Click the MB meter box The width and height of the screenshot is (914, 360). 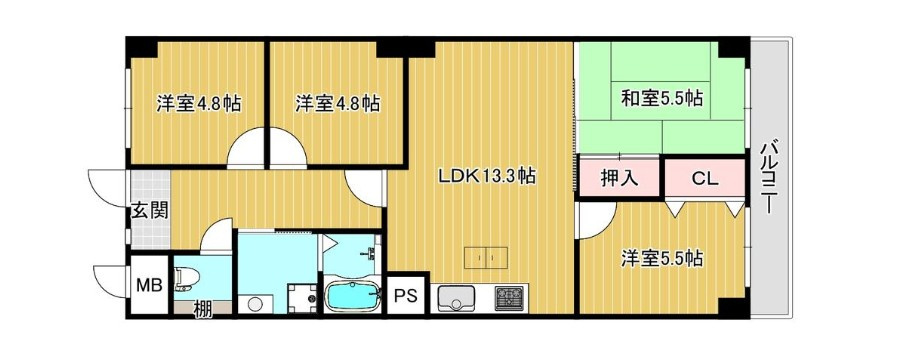tap(148, 285)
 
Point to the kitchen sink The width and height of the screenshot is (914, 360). tap(456, 298)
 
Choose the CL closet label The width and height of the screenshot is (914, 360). tap(704, 180)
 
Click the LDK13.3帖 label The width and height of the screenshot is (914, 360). tap(487, 176)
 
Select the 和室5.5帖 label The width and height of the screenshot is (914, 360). tap(661, 98)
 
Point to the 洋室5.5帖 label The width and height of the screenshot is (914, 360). tap(661, 258)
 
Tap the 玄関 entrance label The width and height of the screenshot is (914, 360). tap(148, 211)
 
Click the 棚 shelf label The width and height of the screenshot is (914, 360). tap(202, 308)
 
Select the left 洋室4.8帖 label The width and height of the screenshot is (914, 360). tap(198, 103)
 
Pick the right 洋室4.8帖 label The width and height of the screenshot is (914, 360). tap(337, 103)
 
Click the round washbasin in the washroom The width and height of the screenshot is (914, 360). tap(255, 303)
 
